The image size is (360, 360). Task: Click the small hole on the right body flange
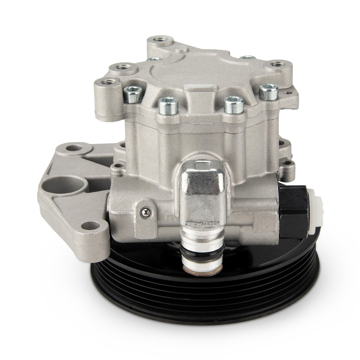289,163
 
